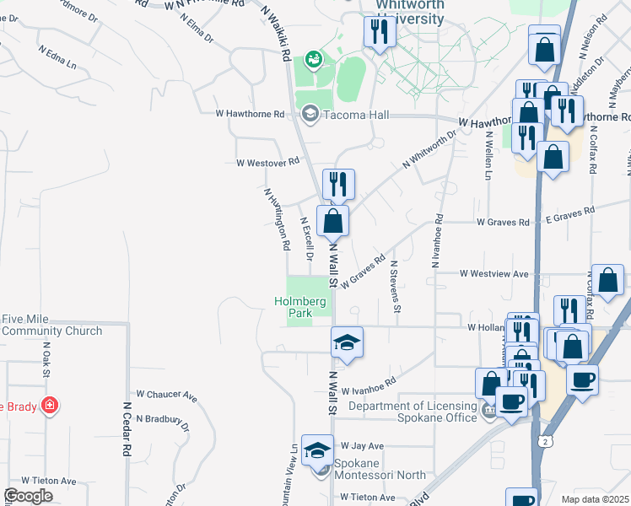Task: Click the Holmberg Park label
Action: (293, 306)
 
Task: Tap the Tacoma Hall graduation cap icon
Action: (310, 114)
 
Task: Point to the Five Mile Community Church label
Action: (51, 325)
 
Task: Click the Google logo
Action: (28, 496)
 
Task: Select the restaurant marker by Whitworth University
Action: (379, 33)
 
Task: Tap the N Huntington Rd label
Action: (277, 219)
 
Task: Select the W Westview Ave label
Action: (493, 273)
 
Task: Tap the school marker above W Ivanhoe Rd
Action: (346, 342)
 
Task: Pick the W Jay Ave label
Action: (361, 445)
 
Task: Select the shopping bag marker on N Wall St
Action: (333, 221)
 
